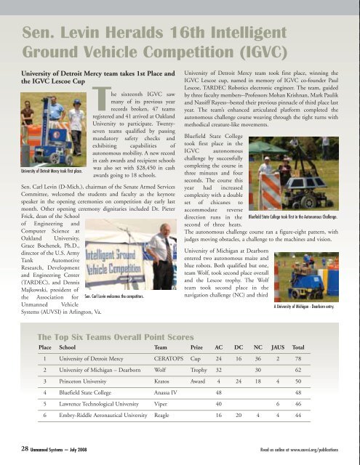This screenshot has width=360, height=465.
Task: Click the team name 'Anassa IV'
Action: pos(167,393)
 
